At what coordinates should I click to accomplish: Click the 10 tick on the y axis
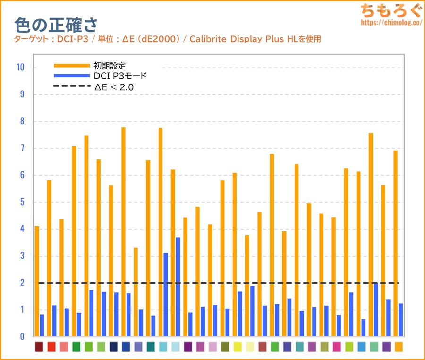click(x=20, y=68)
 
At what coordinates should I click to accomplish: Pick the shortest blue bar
click(x=364, y=328)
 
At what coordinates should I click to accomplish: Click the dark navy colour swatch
click(x=113, y=347)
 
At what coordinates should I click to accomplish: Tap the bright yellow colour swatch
click(x=238, y=347)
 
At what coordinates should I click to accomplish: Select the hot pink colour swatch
click(x=337, y=347)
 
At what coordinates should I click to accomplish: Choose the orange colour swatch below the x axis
click(x=399, y=347)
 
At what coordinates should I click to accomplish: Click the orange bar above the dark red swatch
click(x=37, y=281)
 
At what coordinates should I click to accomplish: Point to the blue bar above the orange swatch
click(x=401, y=320)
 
